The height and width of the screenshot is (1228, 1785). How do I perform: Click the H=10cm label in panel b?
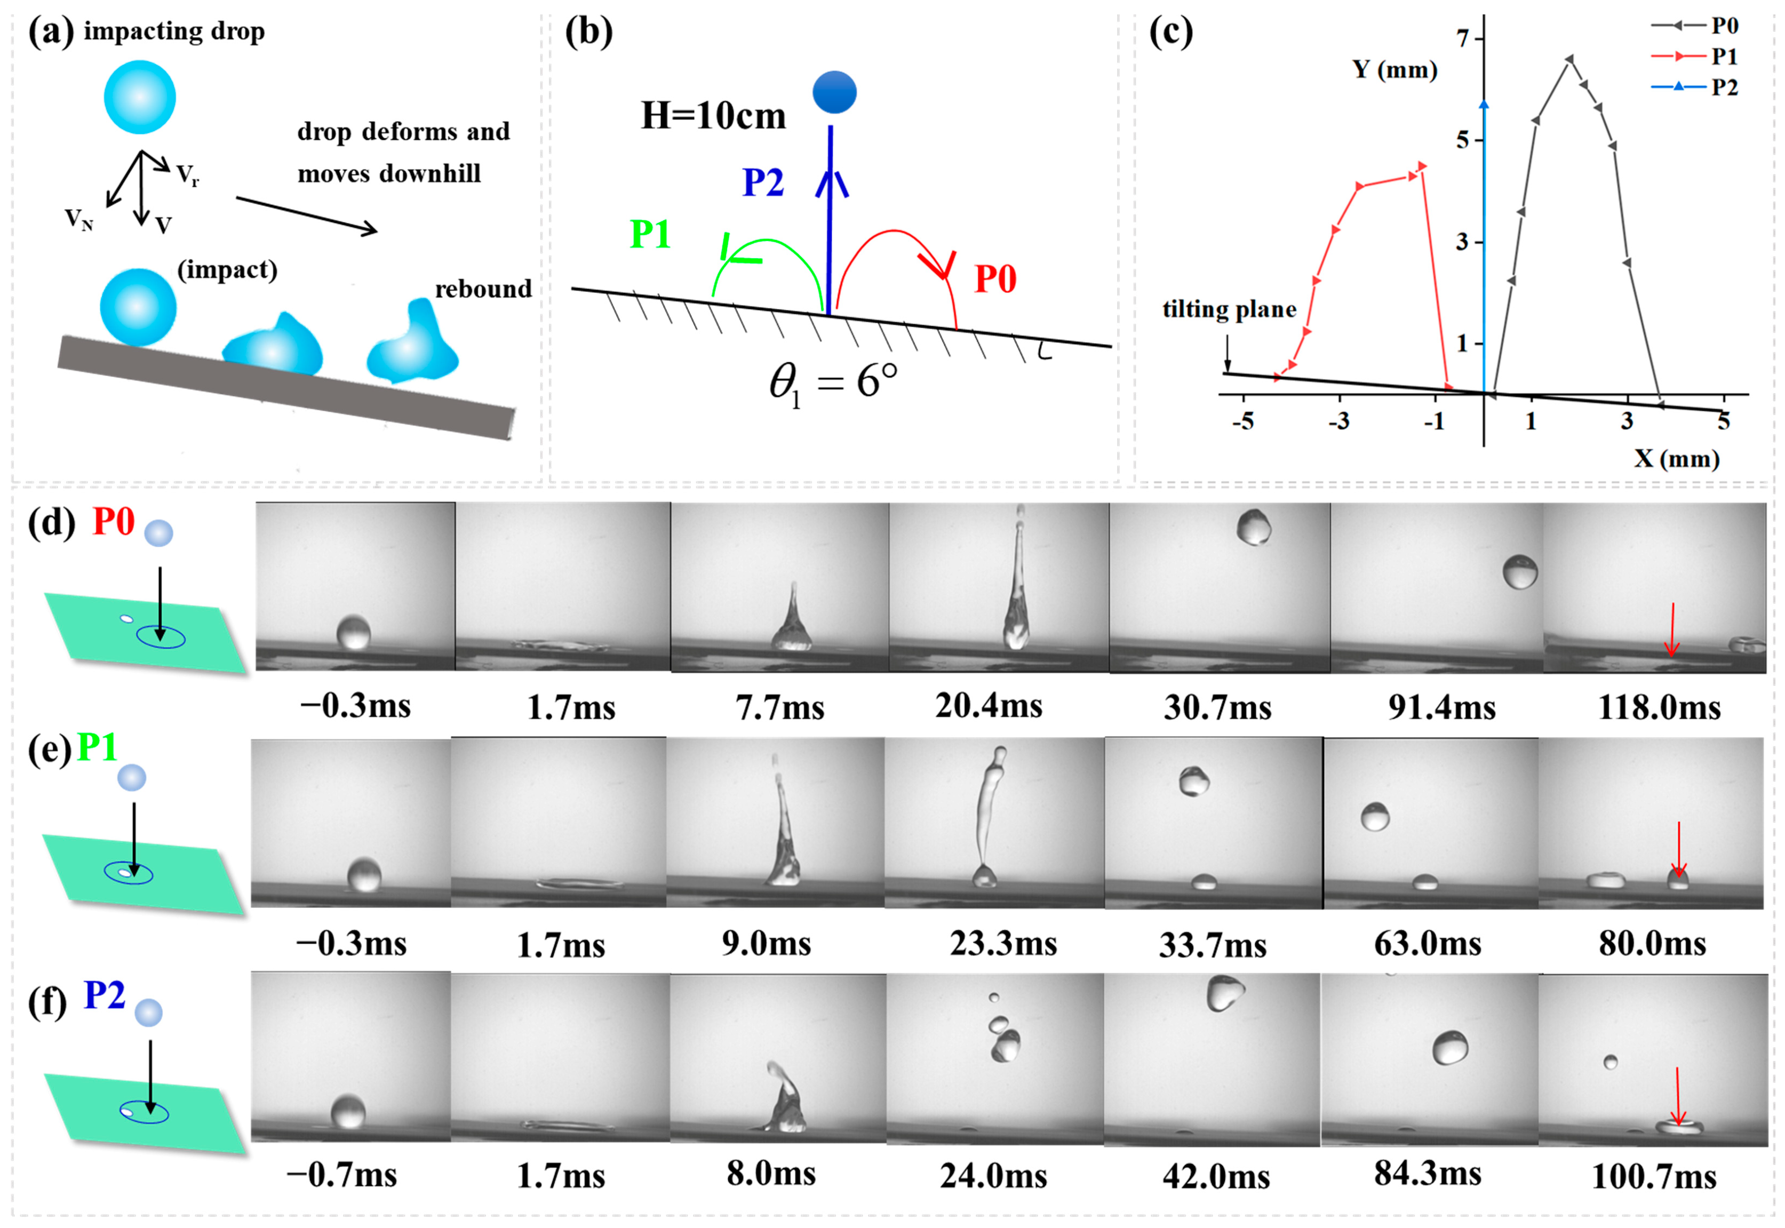pos(713,116)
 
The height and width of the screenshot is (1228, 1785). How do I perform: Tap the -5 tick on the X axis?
pos(1242,421)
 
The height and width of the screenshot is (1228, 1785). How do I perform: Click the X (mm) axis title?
pos(1677,459)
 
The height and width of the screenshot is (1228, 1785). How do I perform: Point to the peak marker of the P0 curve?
pos(1569,59)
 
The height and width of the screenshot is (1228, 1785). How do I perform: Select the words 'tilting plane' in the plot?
pos(1229,309)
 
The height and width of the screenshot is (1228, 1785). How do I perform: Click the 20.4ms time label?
pos(989,706)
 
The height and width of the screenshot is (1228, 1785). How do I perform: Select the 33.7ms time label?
pos(1213,945)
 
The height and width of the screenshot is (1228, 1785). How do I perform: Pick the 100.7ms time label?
pos(1653,1177)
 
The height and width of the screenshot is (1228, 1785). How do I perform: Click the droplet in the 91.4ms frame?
pos(1519,572)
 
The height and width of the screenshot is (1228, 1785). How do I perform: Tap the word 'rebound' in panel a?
pos(483,289)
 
